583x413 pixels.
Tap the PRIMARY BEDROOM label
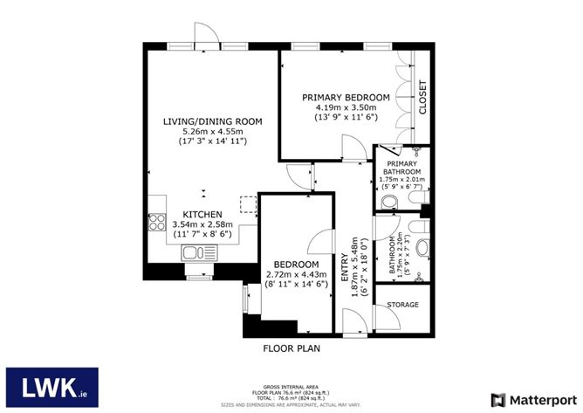coord(345,97)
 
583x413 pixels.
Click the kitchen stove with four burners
coord(157,222)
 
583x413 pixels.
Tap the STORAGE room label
coord(402,305)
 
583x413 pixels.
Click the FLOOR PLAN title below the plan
coord(292,348)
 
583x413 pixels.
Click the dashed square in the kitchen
coord(249,205)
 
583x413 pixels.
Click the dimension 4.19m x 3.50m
coord(345,107)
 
